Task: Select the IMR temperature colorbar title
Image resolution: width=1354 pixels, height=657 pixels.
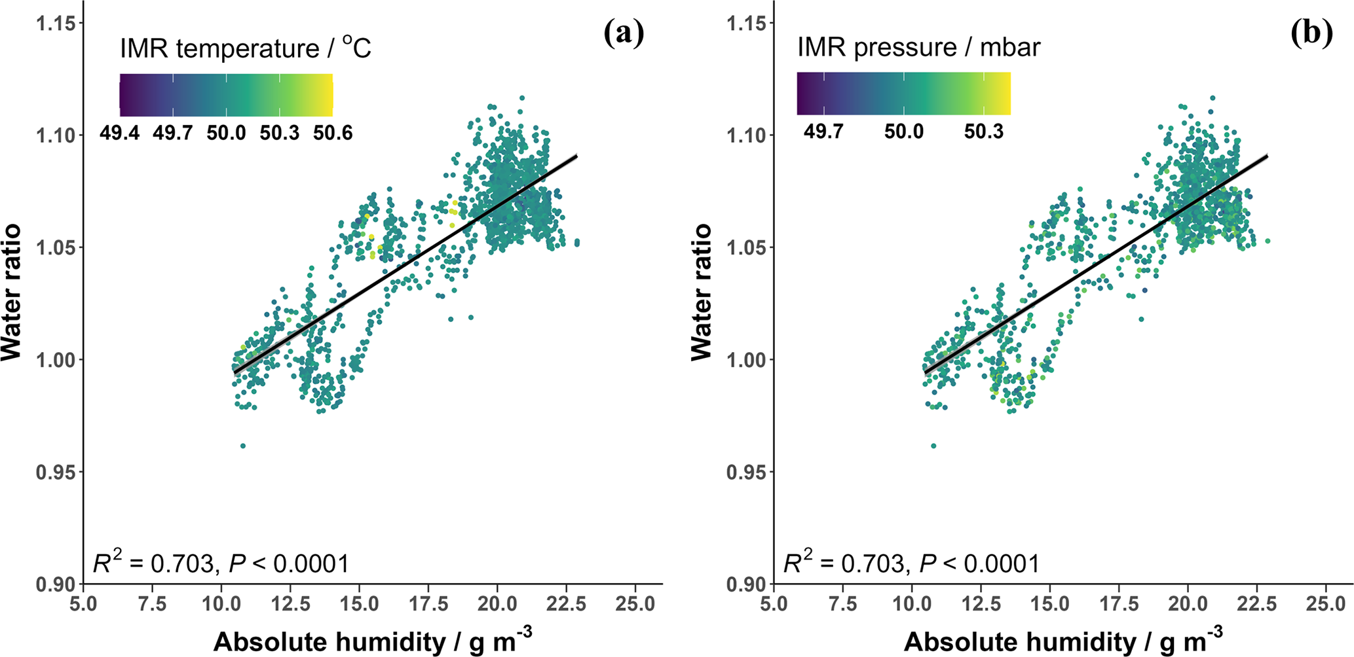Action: pyautogui.click(x=246, y=48)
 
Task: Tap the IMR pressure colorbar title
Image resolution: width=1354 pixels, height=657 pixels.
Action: pyautogui.click(x=918, y=47)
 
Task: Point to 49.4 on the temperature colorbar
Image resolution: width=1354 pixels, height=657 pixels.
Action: pyautogui.click(x=119, y=133)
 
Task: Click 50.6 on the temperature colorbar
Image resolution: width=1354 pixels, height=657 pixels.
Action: pyautogui.click(x=333, y=133)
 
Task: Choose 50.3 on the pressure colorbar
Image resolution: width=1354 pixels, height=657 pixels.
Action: pyautogui.click(x=983, y=132)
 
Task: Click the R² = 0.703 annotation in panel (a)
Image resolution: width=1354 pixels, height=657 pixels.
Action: pyautogui.click(x=221, y=563)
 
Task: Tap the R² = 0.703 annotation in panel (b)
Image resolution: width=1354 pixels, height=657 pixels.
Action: pyautogui.click(x=911, y=563)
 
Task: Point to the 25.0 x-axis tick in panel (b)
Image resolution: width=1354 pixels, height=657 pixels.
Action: pyautogui.click(x=1326, y=603)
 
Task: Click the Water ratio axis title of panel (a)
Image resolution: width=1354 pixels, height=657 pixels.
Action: pyautogui.click(x=11, y=292)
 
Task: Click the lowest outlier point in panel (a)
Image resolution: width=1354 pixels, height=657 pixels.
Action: pyautogui.click(x=243, y=446)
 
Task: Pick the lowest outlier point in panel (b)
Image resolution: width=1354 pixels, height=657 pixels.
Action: pyautogui.click(x=933, y=446)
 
